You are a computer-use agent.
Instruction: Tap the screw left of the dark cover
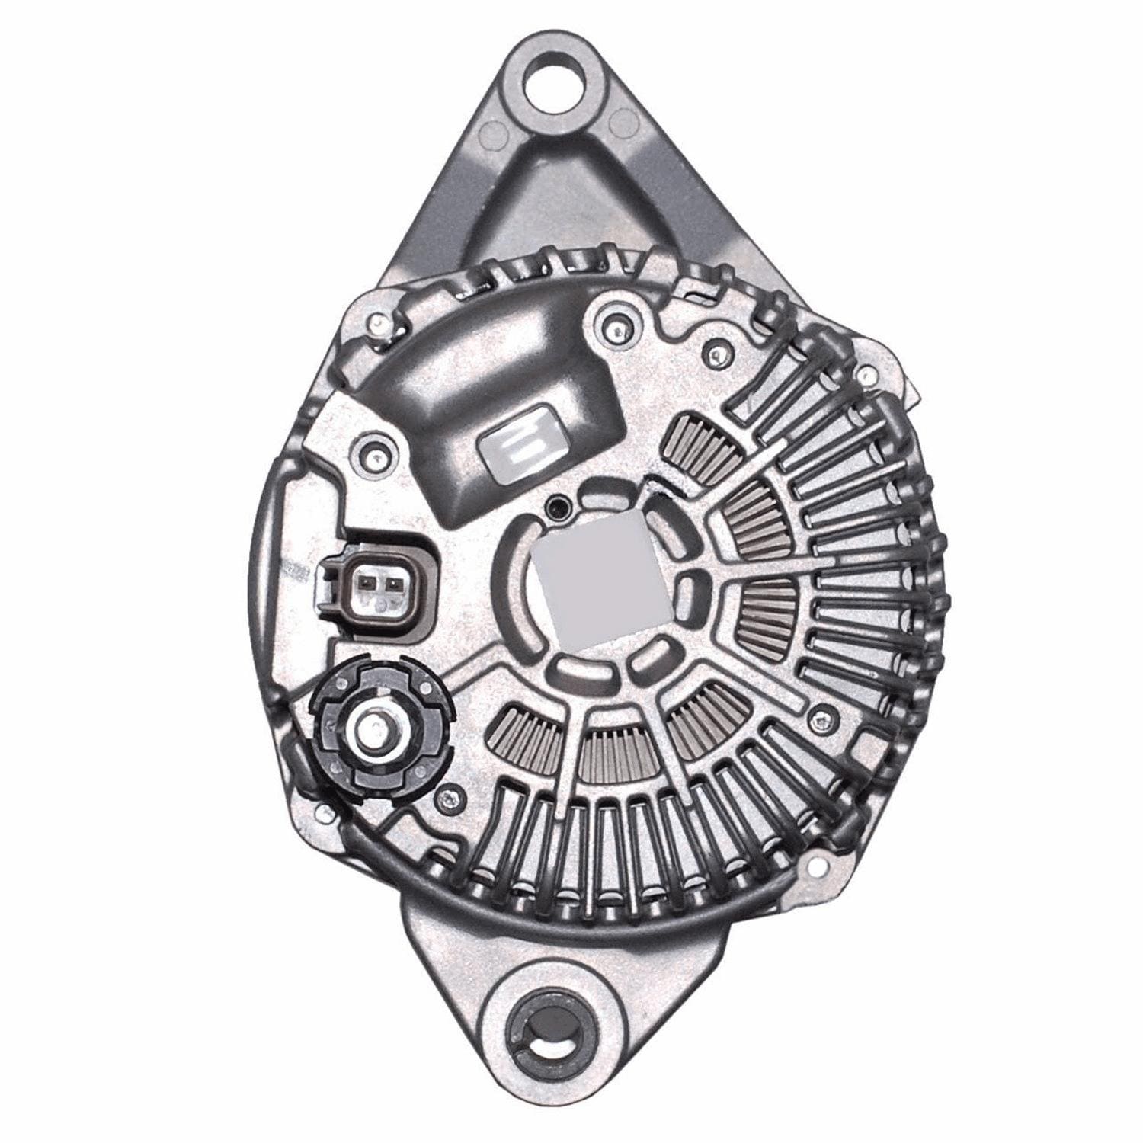click(371, 448)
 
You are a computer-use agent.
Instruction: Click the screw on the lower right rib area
click(820, 716)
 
